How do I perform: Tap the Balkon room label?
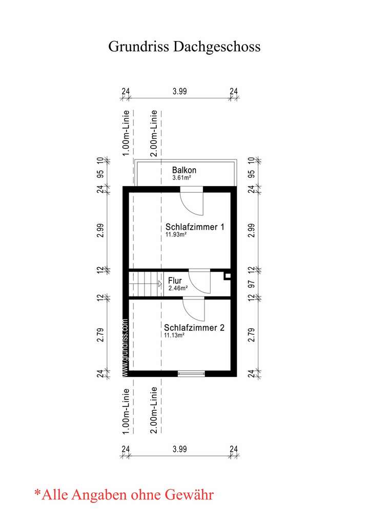184,170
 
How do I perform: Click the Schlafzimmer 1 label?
195,227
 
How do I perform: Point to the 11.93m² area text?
175,235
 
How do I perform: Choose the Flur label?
175,282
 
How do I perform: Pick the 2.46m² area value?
178,289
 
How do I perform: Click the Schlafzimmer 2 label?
194,327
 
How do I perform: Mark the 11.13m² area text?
174,335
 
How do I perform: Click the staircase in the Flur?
143,283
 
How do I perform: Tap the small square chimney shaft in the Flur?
228,276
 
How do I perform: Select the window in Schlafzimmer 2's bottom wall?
191,373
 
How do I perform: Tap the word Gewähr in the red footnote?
189,495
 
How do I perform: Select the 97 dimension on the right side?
251,284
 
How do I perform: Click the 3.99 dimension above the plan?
179,91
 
